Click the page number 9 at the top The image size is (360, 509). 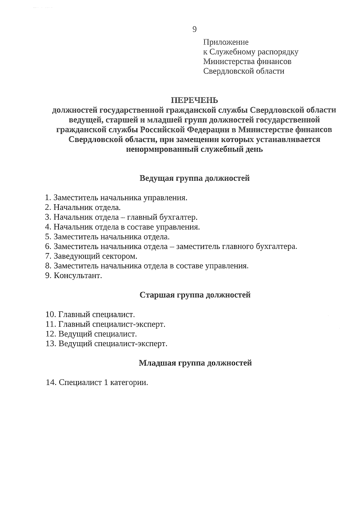(x=194, y=29)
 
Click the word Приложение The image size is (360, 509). (x=226, y=42)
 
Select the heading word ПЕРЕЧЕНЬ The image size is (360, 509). (x=194, y=100)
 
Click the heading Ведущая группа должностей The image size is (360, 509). (x=195, y=178)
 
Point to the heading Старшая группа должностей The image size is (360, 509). (x=195, y=295)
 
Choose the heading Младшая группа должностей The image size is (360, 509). (x=195, y=363)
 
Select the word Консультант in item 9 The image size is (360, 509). (x=78, y=276)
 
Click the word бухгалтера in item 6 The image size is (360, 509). (x=276, y=247)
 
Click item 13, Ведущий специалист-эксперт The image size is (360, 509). (x=113, y=343)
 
